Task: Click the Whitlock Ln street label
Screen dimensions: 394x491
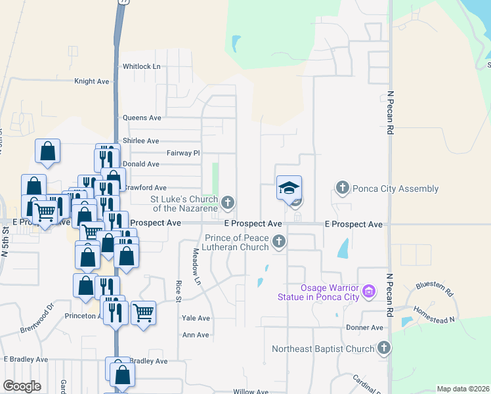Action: tap(141, 66)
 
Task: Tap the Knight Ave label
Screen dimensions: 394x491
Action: tap(91, 81)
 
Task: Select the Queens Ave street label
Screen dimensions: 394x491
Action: tap(142, 118)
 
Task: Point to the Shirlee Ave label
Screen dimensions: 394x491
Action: tap(140, 141)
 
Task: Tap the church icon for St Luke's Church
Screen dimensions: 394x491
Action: tap(227, 203)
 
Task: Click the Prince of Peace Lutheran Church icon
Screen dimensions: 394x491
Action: tap(279, 242)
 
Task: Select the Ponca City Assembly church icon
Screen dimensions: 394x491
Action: tap(342, 188)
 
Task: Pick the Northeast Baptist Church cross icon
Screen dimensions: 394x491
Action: tap(384, 349)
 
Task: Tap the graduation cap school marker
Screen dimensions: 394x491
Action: tap(289, 188)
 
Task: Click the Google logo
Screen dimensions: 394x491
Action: tap(22, 386)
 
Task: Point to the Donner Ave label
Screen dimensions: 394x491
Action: tap(364, 328)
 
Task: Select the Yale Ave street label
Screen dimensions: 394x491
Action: tap(196, 318)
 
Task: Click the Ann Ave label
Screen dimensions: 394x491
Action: tap(196, 335)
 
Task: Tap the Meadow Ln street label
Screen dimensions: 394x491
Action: tap(196, 266)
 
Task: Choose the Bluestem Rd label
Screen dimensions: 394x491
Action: tap(434, 288)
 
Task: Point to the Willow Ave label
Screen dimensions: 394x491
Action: tap(251, 391)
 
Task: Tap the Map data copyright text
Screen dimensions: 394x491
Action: tap(463, 389)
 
